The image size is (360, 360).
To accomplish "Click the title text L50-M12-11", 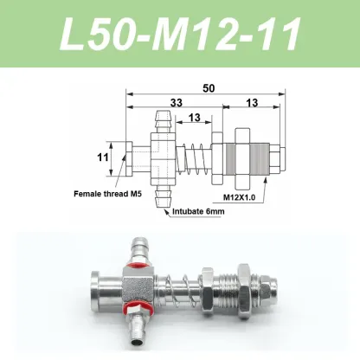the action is [x=180, y=34].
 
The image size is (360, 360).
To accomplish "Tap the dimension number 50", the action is [x=209, y=88].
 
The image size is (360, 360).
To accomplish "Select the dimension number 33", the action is [x=177, y=102].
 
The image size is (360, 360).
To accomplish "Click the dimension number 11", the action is [x=103, y=157].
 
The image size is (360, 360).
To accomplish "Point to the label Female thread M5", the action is [x=108, y=194].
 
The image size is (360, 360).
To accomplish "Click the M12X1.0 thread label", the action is [x=240, y=197].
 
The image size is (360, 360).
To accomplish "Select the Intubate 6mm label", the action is [x=198, y=211].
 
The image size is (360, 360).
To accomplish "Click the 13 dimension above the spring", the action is [x=194, y=118].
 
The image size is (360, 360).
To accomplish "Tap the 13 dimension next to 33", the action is [x=252, y=102].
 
